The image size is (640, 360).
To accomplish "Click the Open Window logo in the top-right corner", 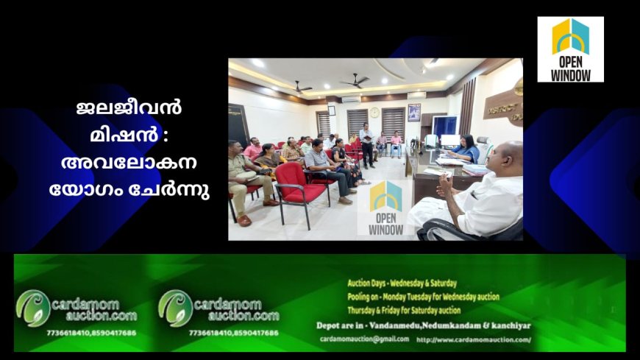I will click(570, 49).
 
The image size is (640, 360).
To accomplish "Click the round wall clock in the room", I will click(374, 113).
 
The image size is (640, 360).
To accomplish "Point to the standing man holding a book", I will click(366, 144).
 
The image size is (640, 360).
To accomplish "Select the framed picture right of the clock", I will click(415, 112).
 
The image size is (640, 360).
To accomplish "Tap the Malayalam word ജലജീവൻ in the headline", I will click(129, 107).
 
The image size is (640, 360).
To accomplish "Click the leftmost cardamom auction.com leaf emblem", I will click(33, 307).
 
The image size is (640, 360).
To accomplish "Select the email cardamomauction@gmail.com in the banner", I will click(365, 339).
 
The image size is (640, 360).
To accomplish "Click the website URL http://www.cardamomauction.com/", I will click(473, 339).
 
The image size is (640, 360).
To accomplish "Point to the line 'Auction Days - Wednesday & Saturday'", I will click(402, 283).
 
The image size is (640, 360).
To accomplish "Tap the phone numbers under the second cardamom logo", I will click(233, 333).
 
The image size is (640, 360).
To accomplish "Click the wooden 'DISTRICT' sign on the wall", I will click(504, 107).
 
